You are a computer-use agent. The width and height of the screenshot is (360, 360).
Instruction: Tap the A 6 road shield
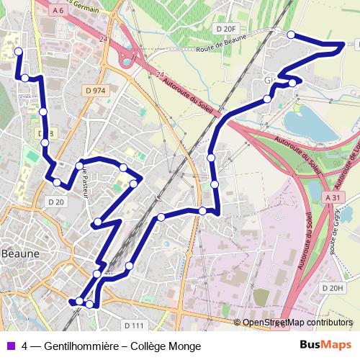(x=63, y=12)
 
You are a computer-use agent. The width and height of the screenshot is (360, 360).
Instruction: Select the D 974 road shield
(x=94, y=91)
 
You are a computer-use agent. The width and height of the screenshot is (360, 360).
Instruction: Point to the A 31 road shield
(x=332, y=197)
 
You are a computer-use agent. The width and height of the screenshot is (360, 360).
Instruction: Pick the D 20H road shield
(x=332, y=288)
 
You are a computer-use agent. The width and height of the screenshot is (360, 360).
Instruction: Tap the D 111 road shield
(x=135, y=325)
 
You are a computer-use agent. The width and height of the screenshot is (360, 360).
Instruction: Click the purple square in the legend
(x=9, y=345)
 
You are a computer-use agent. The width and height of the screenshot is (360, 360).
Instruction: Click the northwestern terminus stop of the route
(x=18, y=51)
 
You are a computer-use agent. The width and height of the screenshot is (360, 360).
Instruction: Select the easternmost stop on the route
(x=342, y=46)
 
